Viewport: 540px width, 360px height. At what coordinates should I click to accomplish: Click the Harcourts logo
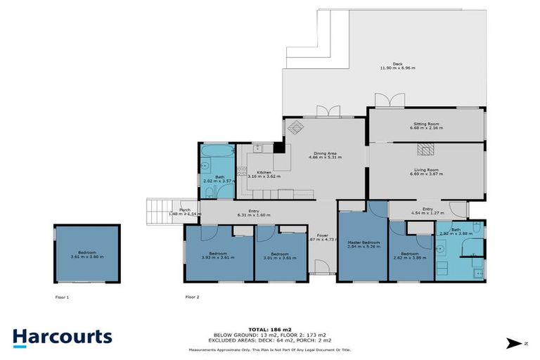(62, 337)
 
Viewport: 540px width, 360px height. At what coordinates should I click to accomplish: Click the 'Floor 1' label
(63, 297)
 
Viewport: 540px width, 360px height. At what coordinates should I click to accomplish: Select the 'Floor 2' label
(193, 297)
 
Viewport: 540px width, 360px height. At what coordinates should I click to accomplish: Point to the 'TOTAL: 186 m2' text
(270, 329)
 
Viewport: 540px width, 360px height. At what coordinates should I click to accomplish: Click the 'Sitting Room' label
(426, 124)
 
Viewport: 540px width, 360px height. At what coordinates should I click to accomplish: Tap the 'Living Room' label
(426, 169)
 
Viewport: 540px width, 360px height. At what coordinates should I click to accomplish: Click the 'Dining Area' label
(325, 153)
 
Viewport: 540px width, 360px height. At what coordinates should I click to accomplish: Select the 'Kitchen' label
(264, 172)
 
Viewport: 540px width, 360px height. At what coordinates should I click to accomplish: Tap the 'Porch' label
(184, 210)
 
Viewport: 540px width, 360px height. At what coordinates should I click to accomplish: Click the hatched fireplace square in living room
(423, 148)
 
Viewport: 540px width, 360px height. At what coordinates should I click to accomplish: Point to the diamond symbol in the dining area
(295, 127)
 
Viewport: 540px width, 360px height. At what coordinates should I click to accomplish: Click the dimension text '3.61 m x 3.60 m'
(87, 257)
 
